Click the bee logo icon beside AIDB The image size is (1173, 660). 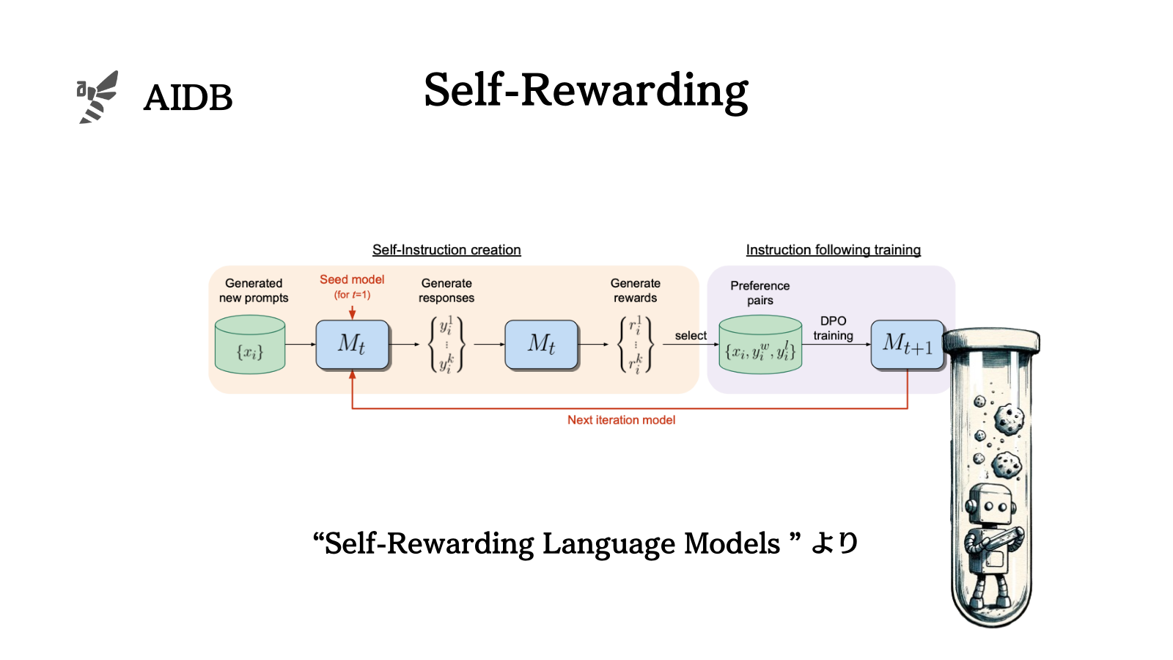tap(98, 97)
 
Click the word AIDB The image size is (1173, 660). tap(188, 98)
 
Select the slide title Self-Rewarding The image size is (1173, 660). tap(586, 91)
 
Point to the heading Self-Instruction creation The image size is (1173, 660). tap(446, 250)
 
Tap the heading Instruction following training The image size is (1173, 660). tap(833, 250)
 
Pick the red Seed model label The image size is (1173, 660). tap(352, 279)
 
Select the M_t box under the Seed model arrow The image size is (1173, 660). tap(352, 344)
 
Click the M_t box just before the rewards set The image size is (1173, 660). tap(542, 344)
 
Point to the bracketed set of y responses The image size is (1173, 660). tap(446, 344)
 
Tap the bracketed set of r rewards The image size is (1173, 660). tap(636, 344)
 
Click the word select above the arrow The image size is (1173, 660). tap(691, 336)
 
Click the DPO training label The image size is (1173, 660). tap(833, 329)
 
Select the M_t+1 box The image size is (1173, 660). tap(908, 344)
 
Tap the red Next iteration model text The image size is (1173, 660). tap(621, 420)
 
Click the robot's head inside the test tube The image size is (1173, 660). tap(990, 504)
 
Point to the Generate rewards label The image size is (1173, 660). tap(636, 290)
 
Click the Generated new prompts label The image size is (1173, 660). tap(254, 290)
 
